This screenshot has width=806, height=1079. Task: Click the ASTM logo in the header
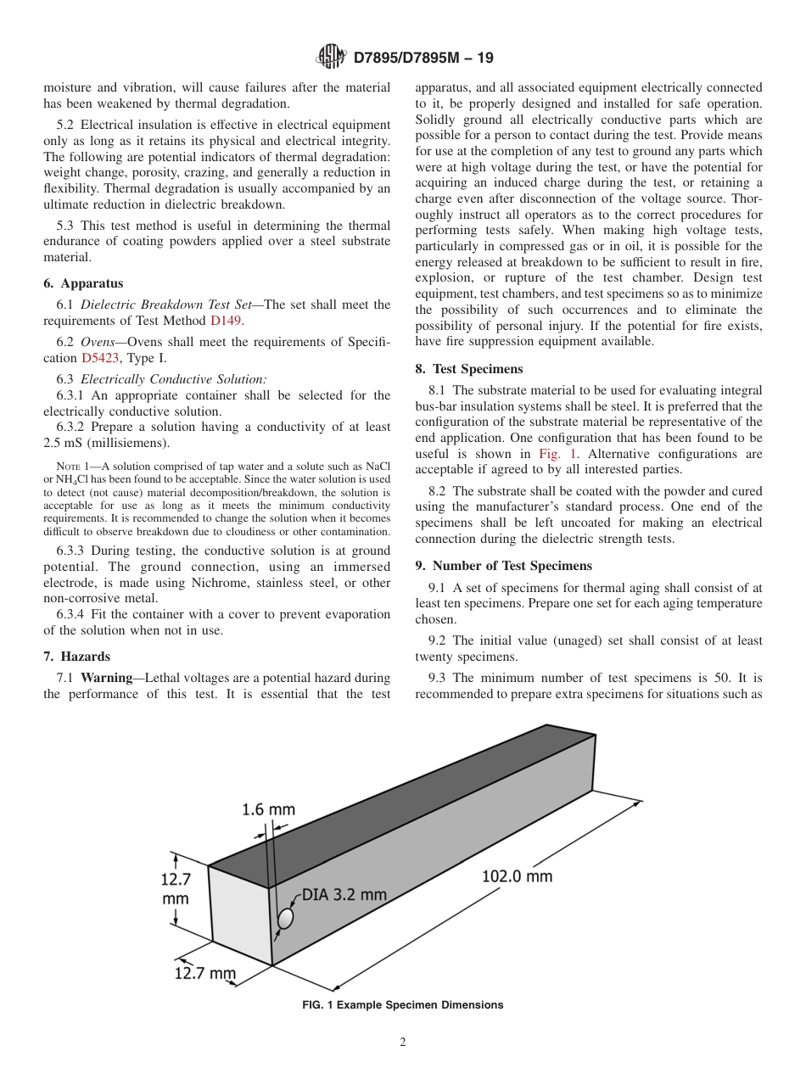click(331, 57)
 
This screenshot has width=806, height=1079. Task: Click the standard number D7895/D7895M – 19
click(423, 58)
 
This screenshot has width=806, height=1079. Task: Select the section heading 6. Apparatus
click(83, 283)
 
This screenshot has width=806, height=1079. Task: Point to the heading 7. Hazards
click(77, 657)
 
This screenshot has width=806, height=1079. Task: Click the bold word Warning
click(106, 678)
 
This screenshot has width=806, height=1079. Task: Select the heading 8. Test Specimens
click(469, 369)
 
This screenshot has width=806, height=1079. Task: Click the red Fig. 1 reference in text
click(557, 454)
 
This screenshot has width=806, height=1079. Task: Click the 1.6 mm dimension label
click(268, 809)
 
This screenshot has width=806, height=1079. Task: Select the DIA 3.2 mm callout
click(344, 895)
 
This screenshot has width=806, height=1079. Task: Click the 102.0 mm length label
click(517, 875)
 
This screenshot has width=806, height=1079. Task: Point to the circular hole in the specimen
click(286, 918)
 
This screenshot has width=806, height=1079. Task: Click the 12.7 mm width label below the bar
click(204, 973)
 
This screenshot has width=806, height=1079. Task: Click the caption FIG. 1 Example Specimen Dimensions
click(403, 1005)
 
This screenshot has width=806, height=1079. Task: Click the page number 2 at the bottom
click(403, 1043)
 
